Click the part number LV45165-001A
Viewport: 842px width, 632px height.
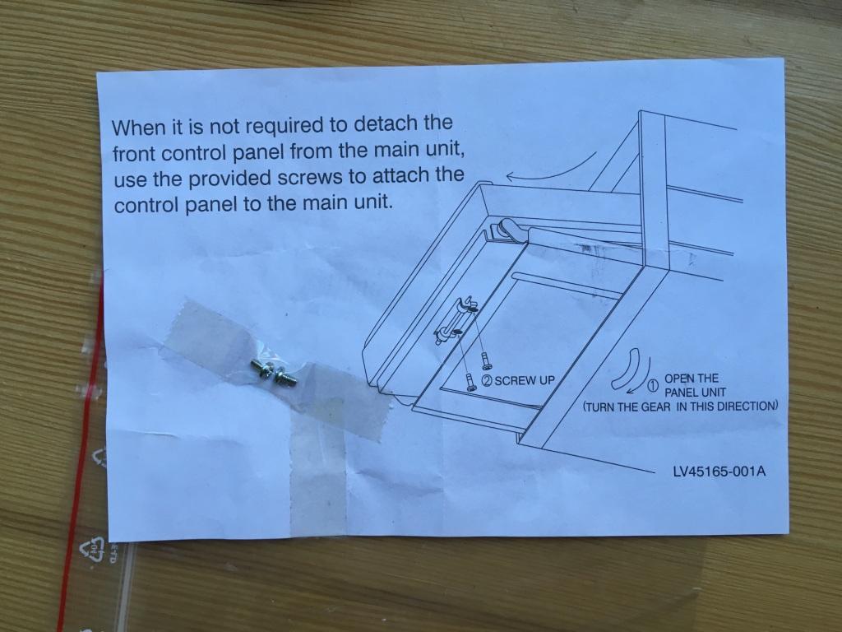pyautogui.click(x=719, y=472)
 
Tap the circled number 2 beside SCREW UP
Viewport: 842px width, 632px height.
pyautogui.click(x=488, y=380)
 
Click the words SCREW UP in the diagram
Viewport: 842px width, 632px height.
pyautogui.click(x=525, y=380)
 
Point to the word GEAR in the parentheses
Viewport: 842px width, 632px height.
pyautogui.click(x=655, y=407)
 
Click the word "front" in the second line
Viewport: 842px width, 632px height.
pyautogui.click(x=134, y=154)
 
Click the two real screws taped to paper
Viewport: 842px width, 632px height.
pyautogui.click(x=273, y=373)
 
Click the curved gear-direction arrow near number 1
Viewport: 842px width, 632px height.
pyautogui.click(x=629, y=370)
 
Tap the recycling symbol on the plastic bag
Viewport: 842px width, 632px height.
pyautogui.click(x=92, y=549)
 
